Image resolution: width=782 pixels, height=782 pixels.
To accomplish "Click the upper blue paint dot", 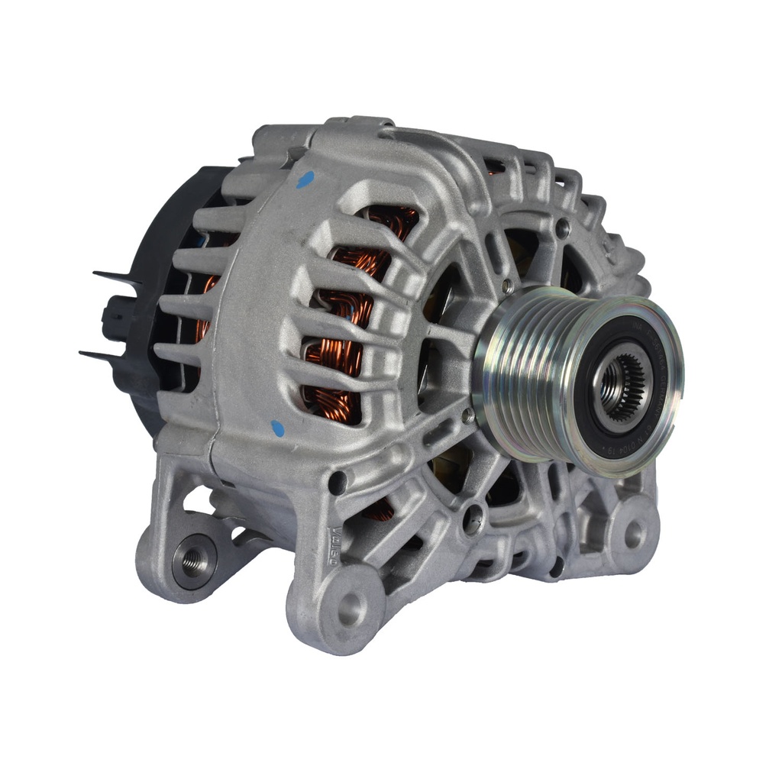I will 305,179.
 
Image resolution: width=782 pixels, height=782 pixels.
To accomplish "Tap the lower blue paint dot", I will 277,428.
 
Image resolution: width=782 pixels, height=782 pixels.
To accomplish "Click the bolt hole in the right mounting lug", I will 634,533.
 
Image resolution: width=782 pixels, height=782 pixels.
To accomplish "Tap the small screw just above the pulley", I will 507,286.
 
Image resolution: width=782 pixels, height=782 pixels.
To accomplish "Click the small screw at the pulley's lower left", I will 467,415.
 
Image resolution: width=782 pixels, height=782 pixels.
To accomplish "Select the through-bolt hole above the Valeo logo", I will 337,483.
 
